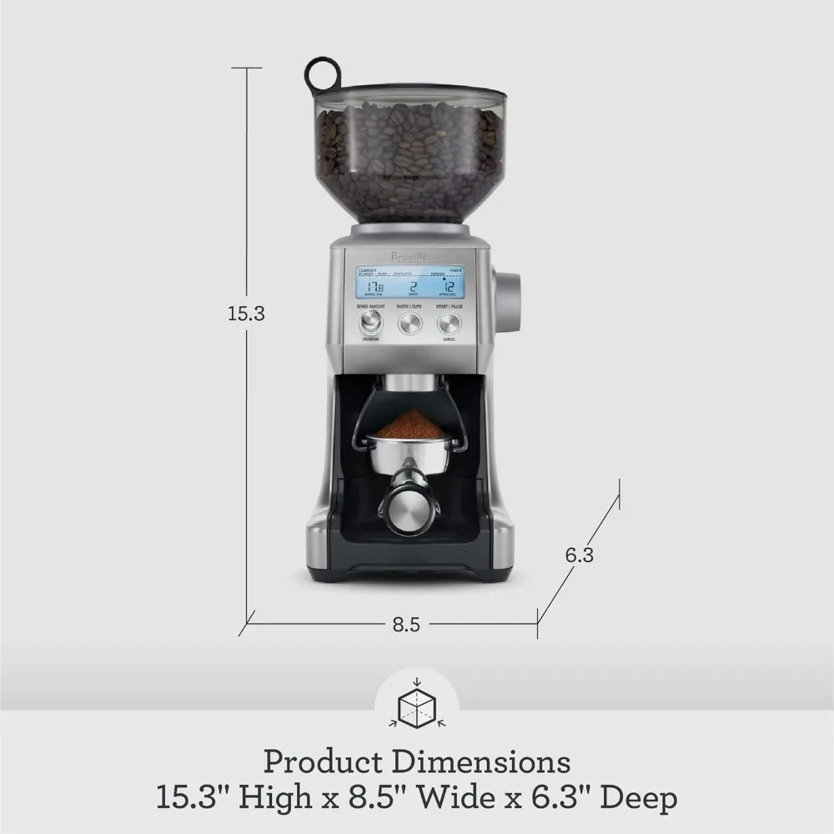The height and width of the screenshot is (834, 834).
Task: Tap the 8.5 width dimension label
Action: pyautogui.click(x=405, y=625)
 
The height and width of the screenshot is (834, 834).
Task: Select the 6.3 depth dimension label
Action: pyautogui.click(x=579, y=554)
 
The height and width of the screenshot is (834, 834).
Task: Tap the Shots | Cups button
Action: pyautogui.click(x=409, y=324)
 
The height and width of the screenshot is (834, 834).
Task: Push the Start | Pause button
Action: pyautogui.click(x=449, y=324)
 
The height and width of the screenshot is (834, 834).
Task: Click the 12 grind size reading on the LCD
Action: pyautogui.click(x=448, y=286)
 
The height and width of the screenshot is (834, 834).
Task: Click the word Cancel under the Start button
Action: pyautogui.click(x=449, y=340)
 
